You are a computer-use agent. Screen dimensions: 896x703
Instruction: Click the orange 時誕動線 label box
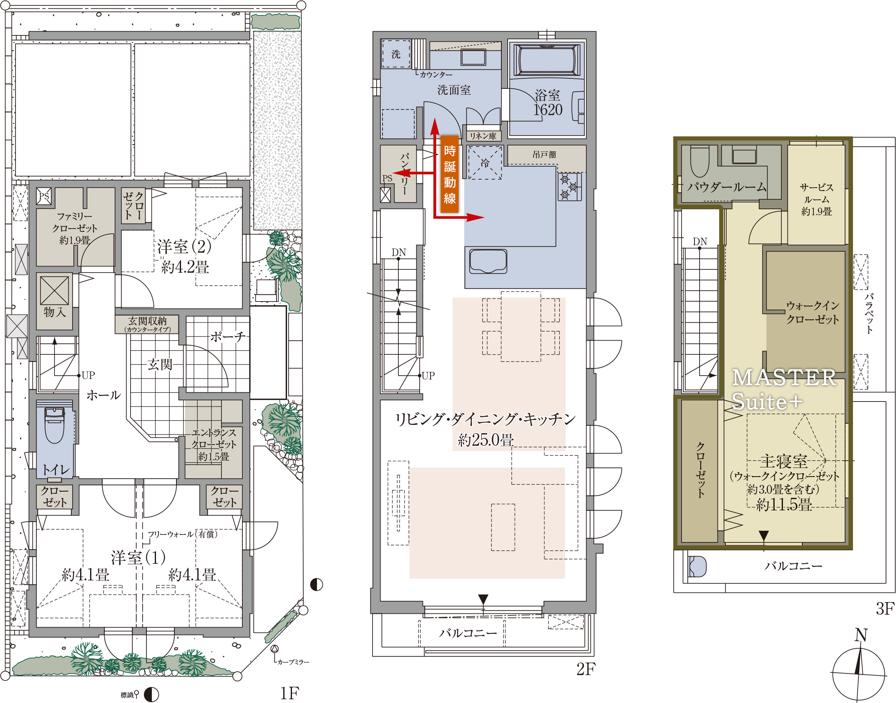coord(450,174)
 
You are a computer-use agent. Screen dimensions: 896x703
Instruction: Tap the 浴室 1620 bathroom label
coord(548,103)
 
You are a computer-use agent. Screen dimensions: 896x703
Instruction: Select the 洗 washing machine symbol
coord(396,54)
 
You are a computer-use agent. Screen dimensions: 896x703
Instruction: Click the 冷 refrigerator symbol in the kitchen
coord(485,163)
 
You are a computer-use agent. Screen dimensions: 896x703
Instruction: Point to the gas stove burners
coord(570,187)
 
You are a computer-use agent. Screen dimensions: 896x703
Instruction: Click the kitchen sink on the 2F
coord(488,261)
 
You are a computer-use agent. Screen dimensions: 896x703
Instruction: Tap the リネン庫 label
coord(483,136)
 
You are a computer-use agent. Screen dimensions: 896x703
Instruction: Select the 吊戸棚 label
coord(544,155)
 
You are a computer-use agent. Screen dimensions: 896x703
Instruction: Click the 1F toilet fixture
coord(54,425)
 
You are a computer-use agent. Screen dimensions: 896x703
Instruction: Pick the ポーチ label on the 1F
coord(227,336)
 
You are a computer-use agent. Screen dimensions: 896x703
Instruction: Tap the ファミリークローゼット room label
coord(75,228)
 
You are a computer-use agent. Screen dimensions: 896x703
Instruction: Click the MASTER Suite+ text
coord(783,389)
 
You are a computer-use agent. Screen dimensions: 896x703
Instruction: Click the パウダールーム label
coord(727,187)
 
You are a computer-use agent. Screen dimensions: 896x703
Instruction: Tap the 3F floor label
coord(885,609)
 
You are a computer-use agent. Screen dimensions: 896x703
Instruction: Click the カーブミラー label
coord(293,662)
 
